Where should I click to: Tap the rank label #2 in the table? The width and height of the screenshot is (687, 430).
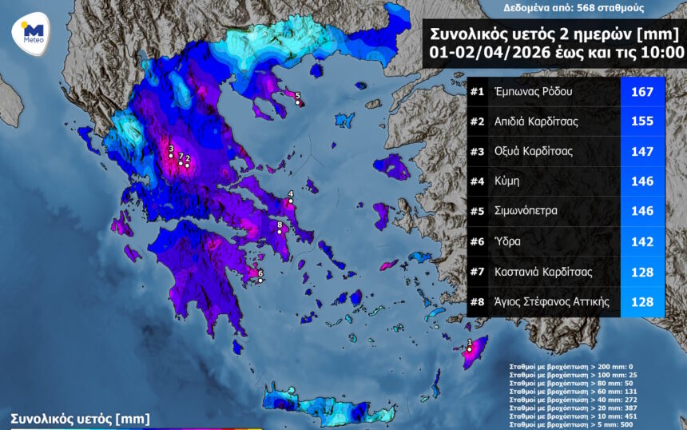(477, 121)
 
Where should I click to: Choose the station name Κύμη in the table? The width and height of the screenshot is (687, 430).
(507, 181)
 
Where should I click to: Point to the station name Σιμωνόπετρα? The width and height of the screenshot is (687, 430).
(526, 211)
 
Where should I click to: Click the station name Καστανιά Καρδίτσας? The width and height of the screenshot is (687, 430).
(543, 272)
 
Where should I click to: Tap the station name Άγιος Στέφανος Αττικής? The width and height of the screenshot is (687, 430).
(552, 301)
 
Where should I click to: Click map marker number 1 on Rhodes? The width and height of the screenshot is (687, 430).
(470, 348)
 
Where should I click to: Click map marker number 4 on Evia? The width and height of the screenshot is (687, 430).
(291, 201)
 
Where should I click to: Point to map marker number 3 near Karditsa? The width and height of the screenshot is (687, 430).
(171, 155)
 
